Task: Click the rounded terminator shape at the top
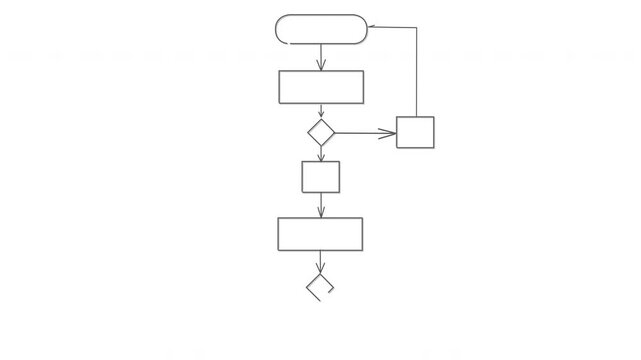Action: click(320, 29)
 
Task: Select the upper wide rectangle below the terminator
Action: click(320, 87)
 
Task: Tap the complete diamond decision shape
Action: click(320, 132)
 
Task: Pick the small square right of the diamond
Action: click(415, 132)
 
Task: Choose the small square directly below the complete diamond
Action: click(320, 176)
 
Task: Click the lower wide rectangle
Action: click(320, 234)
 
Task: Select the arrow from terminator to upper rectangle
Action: click(320, 57)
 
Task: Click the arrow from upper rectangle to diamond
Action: click(320, 111)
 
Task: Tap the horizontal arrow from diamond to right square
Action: click(365, 132)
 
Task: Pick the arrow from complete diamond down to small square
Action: click(320, 153)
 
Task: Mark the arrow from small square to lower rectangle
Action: click(320, 204)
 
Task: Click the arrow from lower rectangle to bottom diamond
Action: click(320, 262)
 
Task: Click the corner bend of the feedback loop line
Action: click(415, 27)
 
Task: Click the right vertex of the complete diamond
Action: click(333, 132)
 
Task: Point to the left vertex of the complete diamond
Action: click(307, 132)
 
